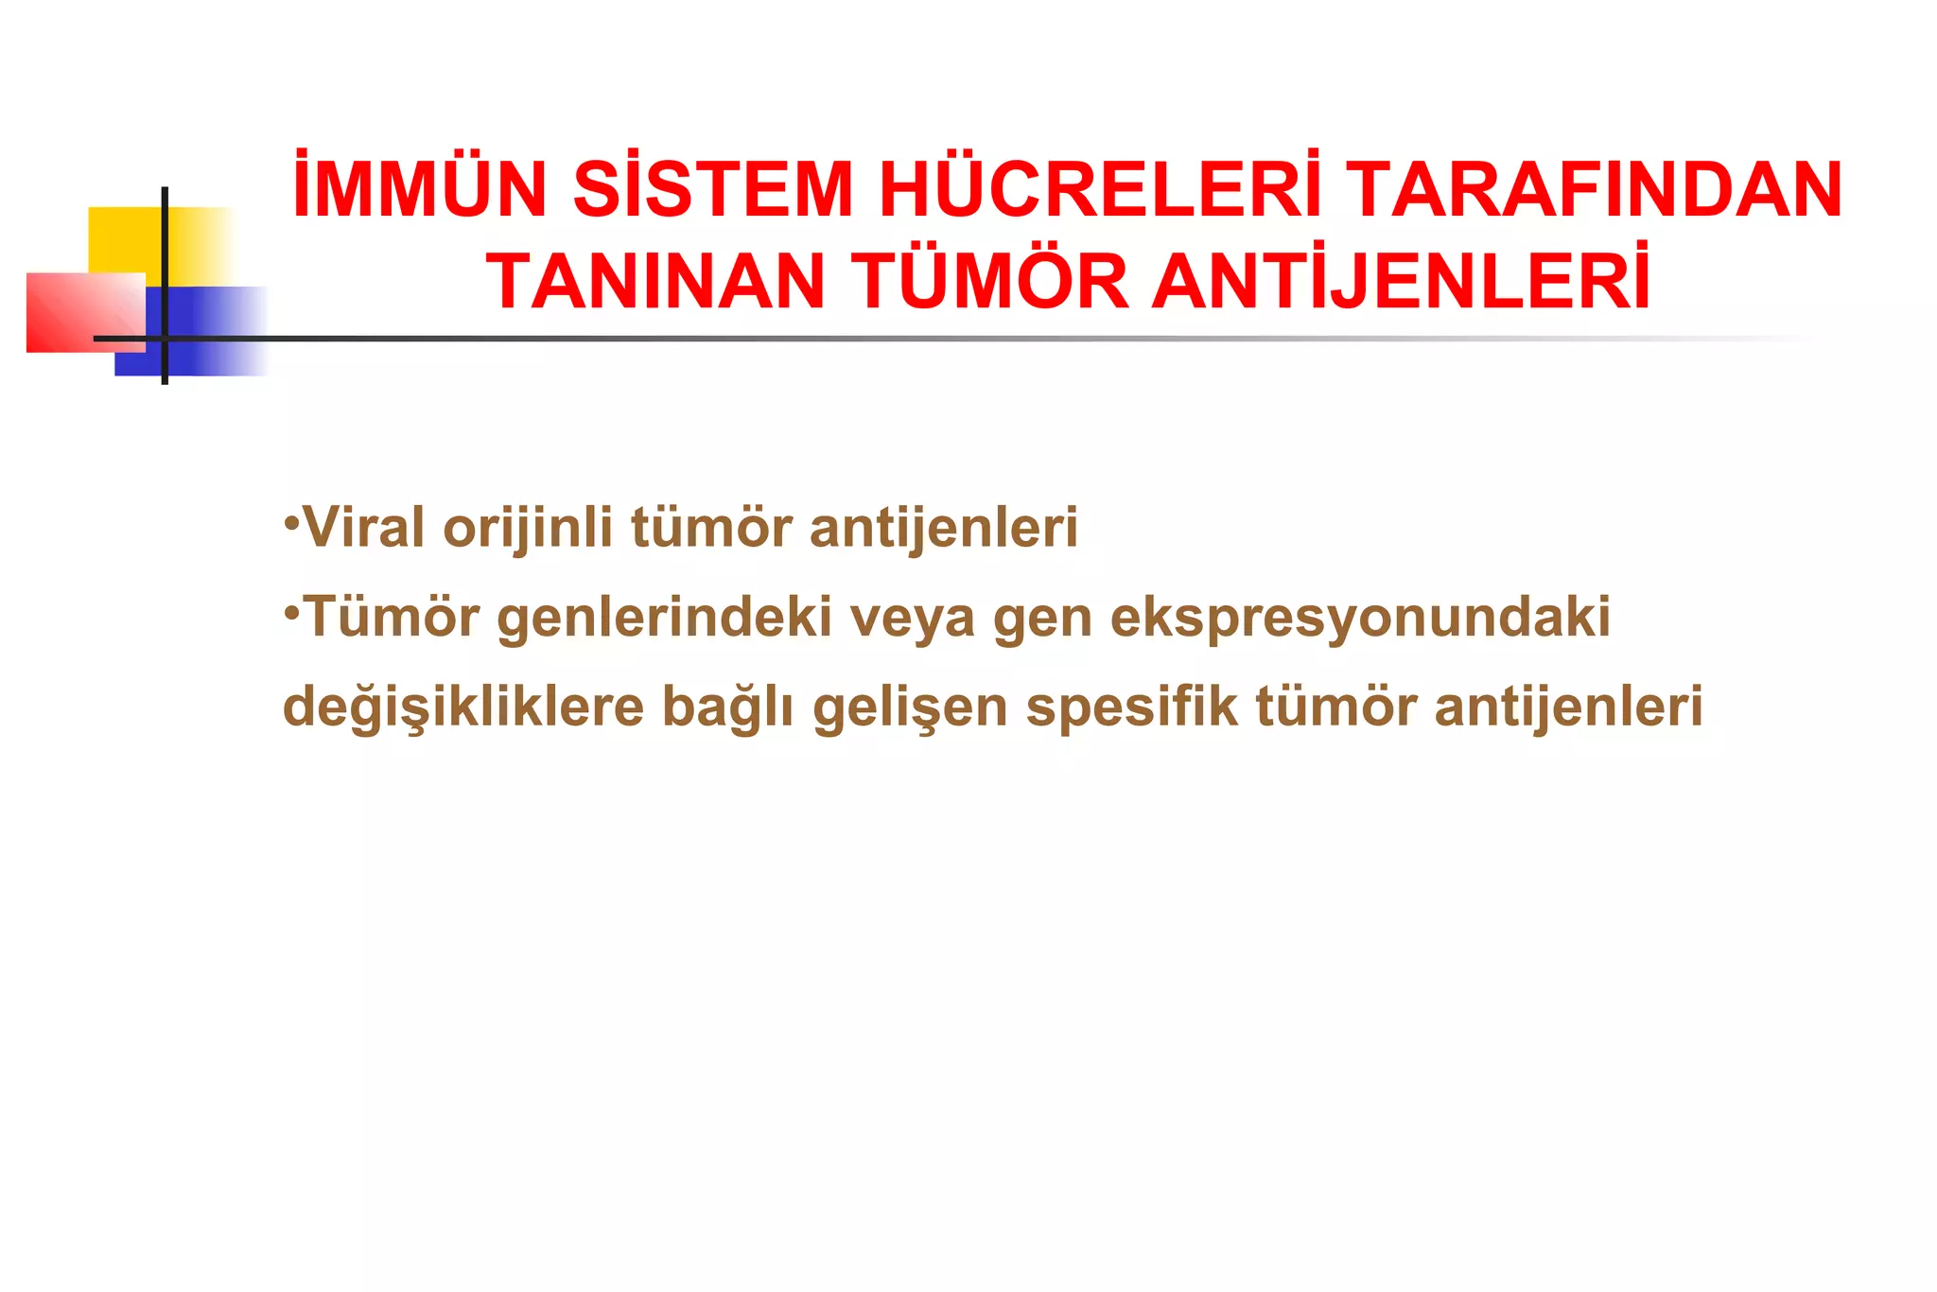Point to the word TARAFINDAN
coord(1594,189)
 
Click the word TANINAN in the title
coord(655,281)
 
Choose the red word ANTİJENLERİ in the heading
coord(1401,281)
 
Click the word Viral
coord(363,527)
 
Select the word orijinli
coord(528,527)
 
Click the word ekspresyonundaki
coord(1360,618)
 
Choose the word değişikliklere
coord(463,707)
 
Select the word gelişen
coord(911,707)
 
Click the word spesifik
coord(1131,706)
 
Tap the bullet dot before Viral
coord(291,521)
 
